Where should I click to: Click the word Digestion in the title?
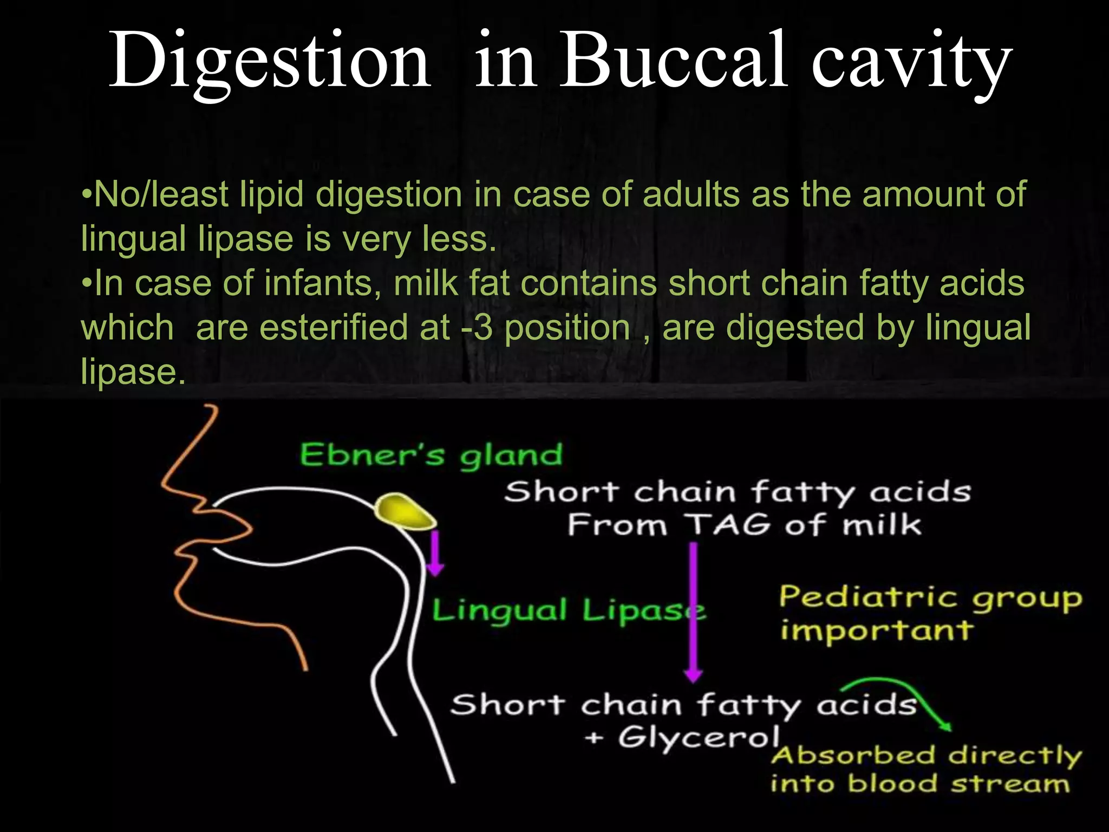pos(270,61)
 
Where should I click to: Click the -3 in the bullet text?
pos(477,328)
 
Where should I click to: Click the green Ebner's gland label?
pos(431,455)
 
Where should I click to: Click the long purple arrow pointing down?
pos(693,612)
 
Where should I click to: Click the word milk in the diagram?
pos(882,524)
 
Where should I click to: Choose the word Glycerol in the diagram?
pos(699,738)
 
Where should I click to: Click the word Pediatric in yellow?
pos(869,598)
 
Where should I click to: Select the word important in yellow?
pos(876,630)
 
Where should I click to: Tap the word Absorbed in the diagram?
pos(853,756)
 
